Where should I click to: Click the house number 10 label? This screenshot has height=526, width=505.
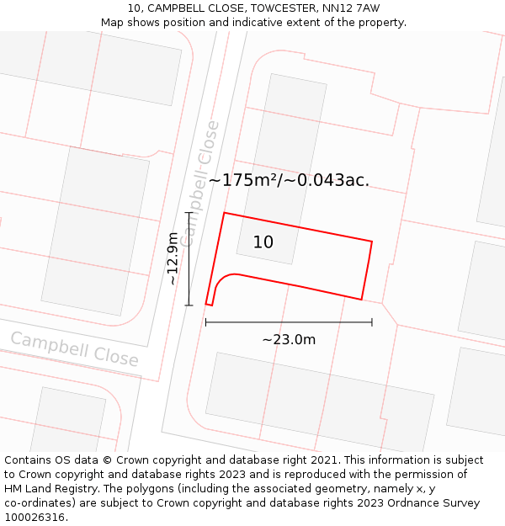(x=263, y=242)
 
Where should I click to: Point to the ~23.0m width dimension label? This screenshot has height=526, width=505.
(x=289, y=340)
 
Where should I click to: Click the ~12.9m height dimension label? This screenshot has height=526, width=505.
(x=173, y=258)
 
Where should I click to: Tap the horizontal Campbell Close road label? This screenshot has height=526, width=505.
(x=74, y=349)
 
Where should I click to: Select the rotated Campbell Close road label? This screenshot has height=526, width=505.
(x=200, y=183)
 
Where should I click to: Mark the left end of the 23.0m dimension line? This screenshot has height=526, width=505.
(x=206, y=322)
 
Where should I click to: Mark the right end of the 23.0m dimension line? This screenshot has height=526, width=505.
(x=372, y=322)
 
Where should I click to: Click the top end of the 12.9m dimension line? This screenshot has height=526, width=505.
(x=189, y=213)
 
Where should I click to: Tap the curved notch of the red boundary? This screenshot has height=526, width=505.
(x=221, y=282)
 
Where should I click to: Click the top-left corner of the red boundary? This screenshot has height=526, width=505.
(x=224, y=213)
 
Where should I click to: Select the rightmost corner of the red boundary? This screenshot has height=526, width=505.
(x=372, y=242)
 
